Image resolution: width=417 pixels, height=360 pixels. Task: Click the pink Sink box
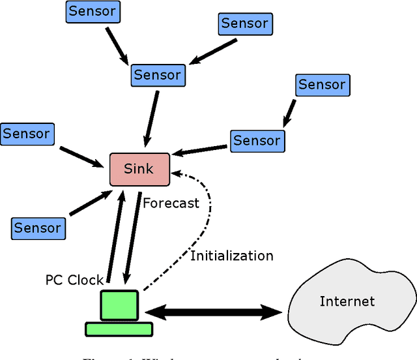coord(139,169)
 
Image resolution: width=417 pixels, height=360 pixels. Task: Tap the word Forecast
coord(171,203)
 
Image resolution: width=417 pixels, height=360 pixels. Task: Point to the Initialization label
coord(231,256)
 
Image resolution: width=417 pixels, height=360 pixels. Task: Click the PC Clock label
coord(74,280)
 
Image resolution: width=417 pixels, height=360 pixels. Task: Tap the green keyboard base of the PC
coord(119,329)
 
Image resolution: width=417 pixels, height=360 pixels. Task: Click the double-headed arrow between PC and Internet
coord(213,312)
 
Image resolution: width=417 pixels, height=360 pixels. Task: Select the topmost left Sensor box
coord(93,11)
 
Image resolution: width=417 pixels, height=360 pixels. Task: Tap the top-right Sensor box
coord(245,23)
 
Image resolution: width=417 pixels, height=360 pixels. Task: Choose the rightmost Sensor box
coord(322,85)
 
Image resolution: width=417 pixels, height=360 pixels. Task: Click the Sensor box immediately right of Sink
coord(256,140)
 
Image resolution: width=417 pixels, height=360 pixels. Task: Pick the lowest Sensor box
coord(38,228)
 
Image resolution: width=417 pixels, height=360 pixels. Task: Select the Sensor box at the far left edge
coord(26,134)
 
